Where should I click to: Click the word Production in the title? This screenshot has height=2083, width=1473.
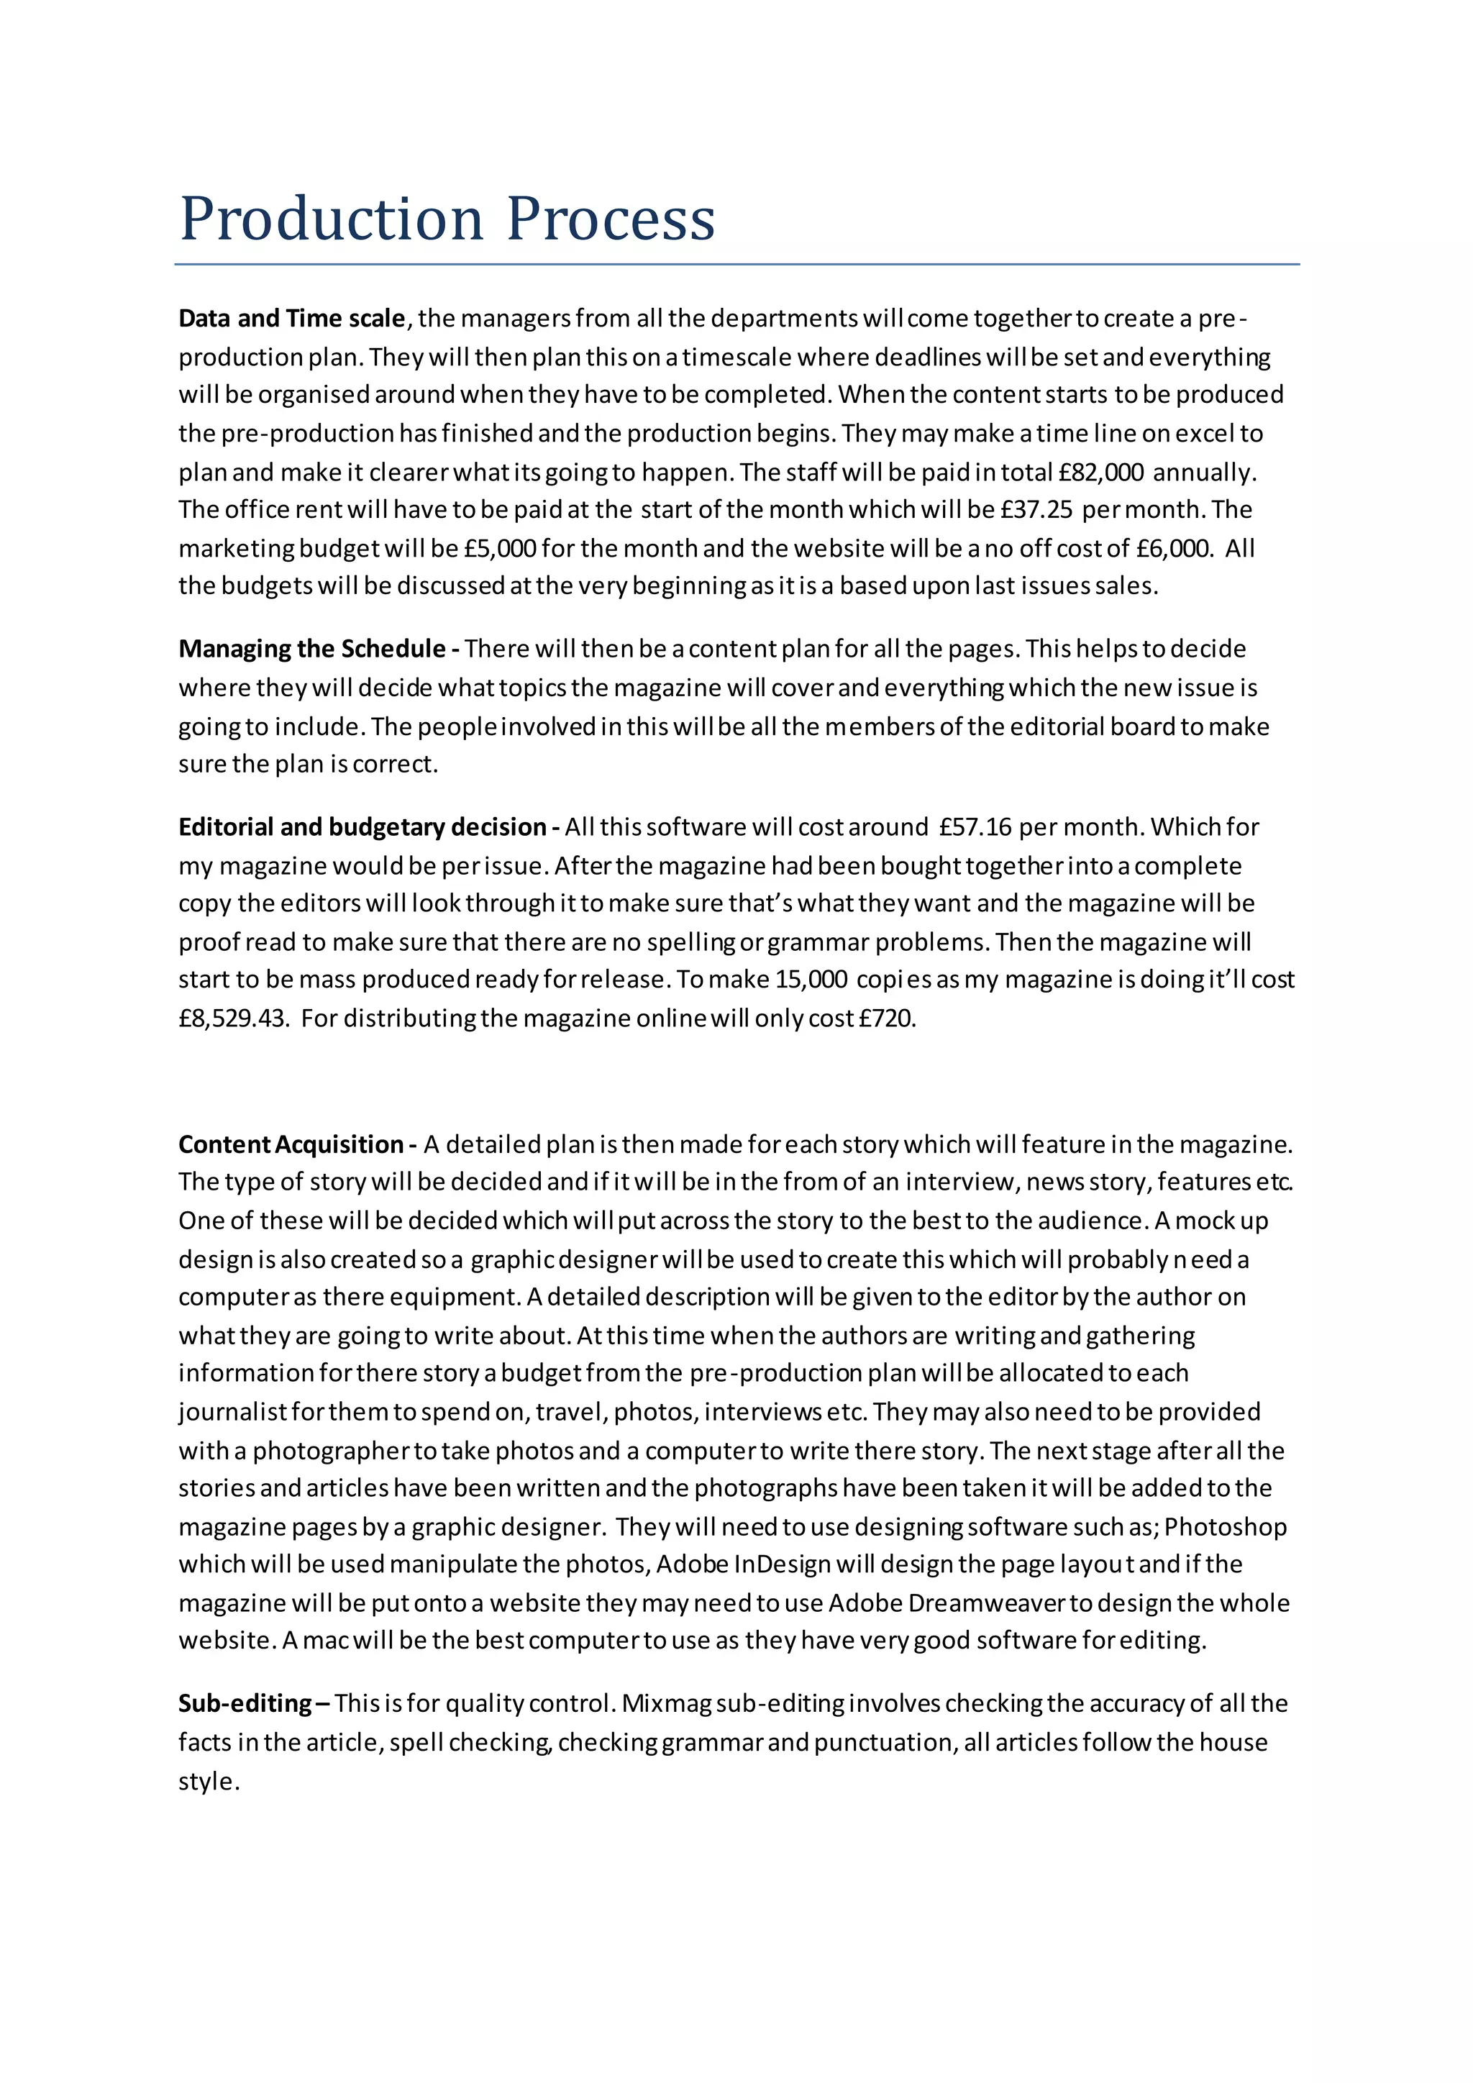331,219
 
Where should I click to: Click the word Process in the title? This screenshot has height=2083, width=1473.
611,219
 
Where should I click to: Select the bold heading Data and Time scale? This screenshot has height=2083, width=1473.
291,319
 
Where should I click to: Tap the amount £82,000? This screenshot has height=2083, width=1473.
1101,472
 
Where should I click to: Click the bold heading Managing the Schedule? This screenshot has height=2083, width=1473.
312,649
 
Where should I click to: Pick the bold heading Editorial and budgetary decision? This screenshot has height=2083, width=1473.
362,826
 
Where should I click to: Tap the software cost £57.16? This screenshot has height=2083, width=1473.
975,826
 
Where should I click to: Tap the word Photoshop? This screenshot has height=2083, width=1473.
1226,1527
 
